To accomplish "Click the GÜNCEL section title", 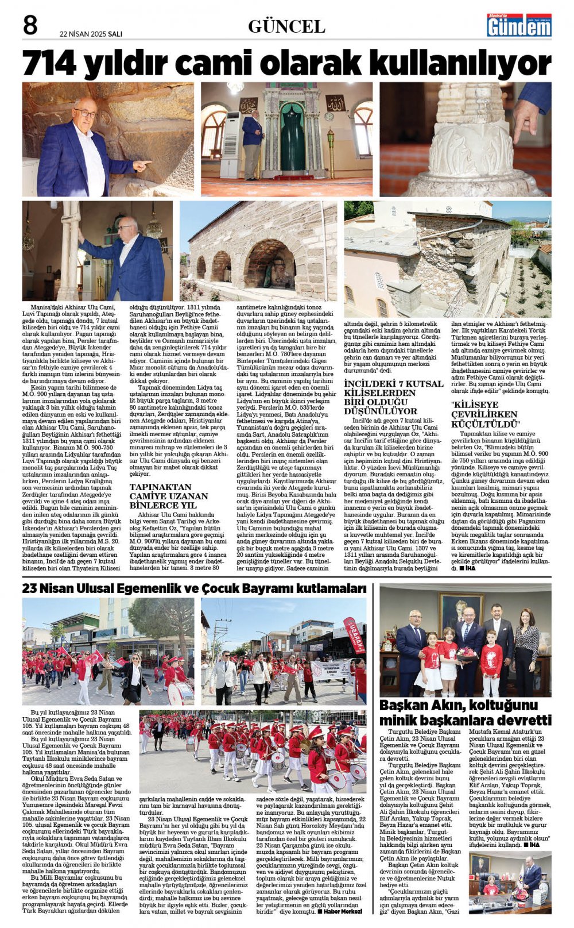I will pos(286,26).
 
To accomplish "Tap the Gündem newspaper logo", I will pos(519,25).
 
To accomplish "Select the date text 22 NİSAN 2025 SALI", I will pos(91,33).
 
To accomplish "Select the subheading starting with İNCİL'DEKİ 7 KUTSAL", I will pos(393,397).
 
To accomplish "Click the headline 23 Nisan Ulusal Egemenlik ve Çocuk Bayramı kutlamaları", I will pos(194,588).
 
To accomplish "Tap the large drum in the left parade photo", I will pos(179,692).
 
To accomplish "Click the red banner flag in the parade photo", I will pos(354,635).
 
